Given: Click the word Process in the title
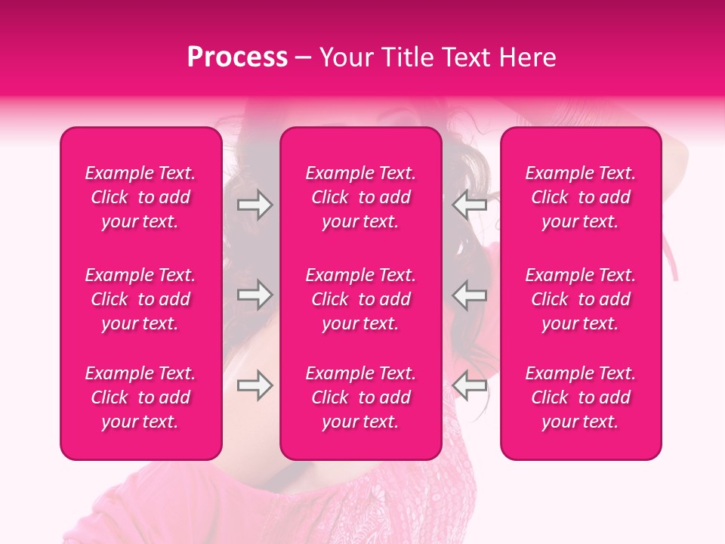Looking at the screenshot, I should pyautogui.click(x=237, y=57).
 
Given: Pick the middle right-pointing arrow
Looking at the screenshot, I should pyautogui.click(x=255, y=295).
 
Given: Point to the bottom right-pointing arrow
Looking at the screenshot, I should pyautogui.click(x=255, y=385).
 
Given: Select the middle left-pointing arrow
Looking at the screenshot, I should pyautogui.click(x=469, y=295).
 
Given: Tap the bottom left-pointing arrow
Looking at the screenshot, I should pyautogui.click(x=469, y=385).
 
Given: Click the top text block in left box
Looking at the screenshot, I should pyautogui.click(x=140, y=197).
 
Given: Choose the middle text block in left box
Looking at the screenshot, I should pyautogui.click(x=140, y=299).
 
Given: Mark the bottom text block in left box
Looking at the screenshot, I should pyautogui.click(x=140, y=397).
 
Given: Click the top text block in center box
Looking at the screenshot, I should pyautogui.click(x=360, y=197).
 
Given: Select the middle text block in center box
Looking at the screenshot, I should pyautogui.click(x=360, y=299).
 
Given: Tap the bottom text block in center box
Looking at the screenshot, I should pyautogui.click(x=360, y=397).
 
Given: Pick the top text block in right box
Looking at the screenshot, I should pyautogui.click(x=580, y=197).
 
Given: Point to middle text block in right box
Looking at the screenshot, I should pyautogui.click(x=580, y=299).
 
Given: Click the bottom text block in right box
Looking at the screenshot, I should pyautogui.click(x=580, y=397).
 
